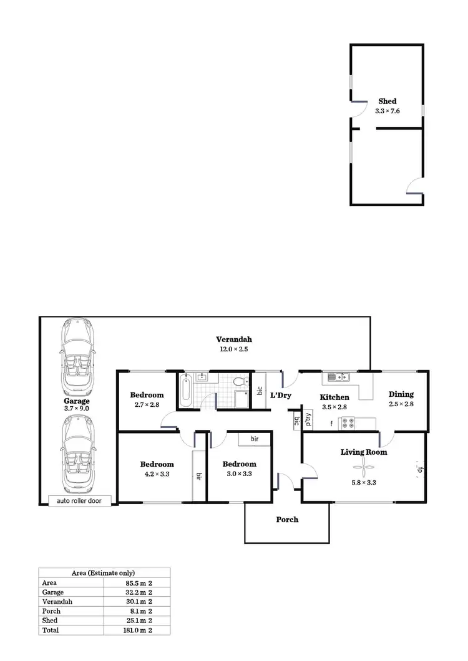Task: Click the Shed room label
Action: (x=387, y=101)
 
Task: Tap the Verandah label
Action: (x=234, y=340)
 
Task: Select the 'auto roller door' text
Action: (x=79, y=500)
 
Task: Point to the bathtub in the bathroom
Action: (x=185, y=390)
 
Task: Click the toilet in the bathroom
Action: (x=238, y=381)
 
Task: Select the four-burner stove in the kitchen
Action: (x=348, y=424)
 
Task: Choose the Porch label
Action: (x=287, y=520)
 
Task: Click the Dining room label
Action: (x=401, y=394)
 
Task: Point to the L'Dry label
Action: (x=281, y=396)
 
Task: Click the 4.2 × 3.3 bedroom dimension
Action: (x=157, y=473)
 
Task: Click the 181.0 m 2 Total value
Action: (x=139, y=630)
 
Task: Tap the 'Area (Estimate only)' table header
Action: (x=104, y=573)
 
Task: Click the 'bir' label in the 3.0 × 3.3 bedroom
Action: (x=255, y=439)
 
